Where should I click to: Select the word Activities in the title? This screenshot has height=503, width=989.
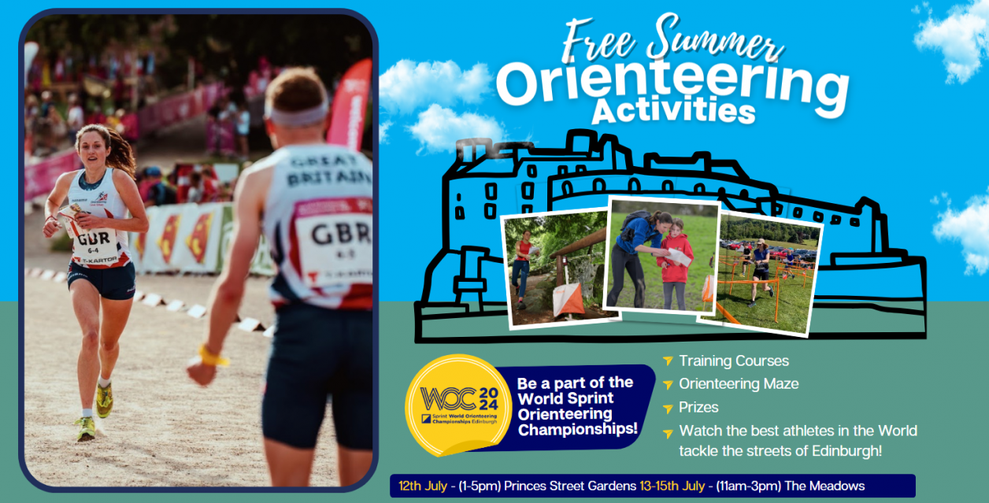(x=673, y=112)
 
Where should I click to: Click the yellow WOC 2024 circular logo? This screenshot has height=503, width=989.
(x=458, y=405)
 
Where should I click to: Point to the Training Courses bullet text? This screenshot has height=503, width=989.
(x=734, y=361)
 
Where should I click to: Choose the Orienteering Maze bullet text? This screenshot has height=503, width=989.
(x=739, y=384)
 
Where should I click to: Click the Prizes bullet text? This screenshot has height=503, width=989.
(x=698, y=408)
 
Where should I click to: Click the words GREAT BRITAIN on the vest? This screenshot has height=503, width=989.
(x=330, y=169)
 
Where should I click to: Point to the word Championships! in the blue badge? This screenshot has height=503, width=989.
(x=578, y=429)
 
